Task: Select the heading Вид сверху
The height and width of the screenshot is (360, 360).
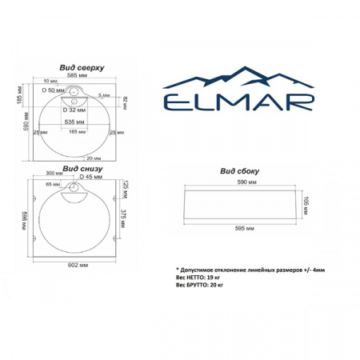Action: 81,69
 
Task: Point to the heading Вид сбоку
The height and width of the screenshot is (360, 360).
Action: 237,171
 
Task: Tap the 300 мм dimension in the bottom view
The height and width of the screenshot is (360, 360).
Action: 55,172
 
